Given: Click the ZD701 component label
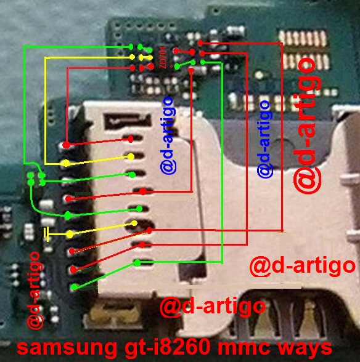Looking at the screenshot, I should click(x=162, y=59).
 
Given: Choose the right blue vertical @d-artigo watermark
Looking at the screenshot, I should click(x=264, y=139).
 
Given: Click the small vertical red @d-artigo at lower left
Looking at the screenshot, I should click(x=35, y=289).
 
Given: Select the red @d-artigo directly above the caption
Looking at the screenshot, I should click(x=213, y=306).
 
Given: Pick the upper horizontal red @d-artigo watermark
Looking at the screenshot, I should click(x=302, y=267).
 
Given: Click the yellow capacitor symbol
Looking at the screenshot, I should click(x=47, y=234).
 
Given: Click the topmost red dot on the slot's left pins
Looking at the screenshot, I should click(x=65, y=145).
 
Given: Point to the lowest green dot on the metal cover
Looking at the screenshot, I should click(x=137, y=263).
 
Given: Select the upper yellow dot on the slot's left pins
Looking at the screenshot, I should click(x=65, y=163).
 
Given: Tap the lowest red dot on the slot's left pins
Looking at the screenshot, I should click(x=73, y=269).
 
